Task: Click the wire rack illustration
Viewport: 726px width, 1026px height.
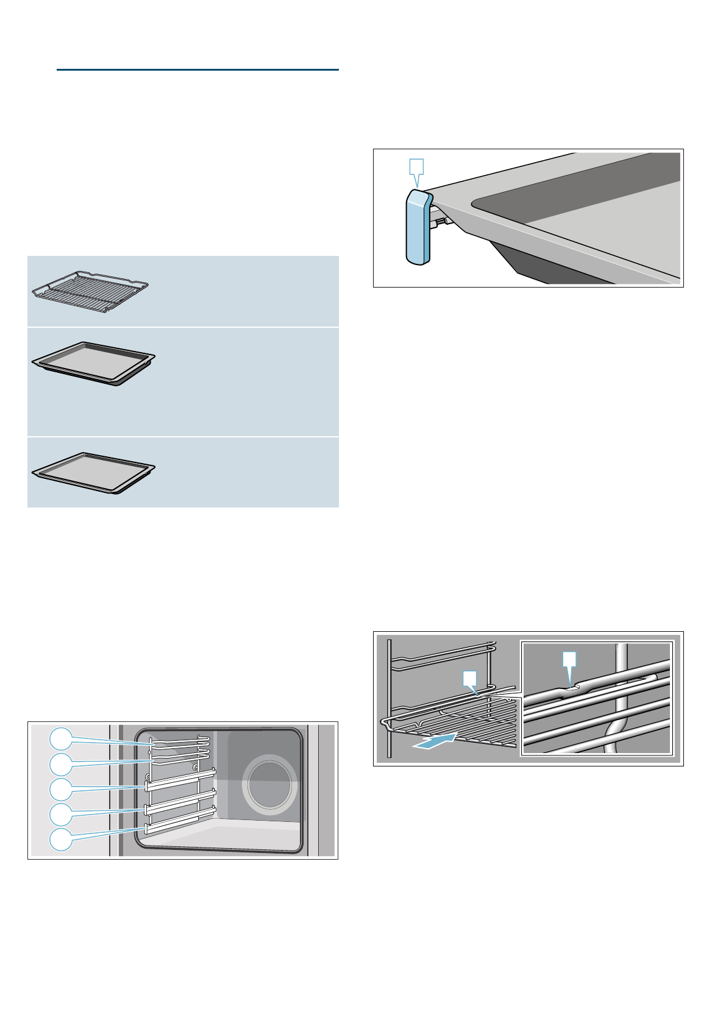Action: click(90, 292)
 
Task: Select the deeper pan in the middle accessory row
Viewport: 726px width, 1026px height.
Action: click(93, 363)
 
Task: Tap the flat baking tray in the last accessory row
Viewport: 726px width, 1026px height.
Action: click(93, 472)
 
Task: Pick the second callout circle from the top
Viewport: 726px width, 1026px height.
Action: click(60, 765)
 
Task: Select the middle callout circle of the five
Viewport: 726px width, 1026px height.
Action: click(60, 790)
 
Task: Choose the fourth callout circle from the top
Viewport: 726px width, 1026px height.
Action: click(60, 814)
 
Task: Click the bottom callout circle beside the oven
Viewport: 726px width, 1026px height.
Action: click(60, 840)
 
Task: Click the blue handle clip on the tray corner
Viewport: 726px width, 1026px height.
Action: click(418, 228)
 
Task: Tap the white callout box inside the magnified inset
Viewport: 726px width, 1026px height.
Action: click(569, 660)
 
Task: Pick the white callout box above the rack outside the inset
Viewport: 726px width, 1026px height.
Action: click(469, 678)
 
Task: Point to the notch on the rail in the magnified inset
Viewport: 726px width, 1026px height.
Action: click(571, 687)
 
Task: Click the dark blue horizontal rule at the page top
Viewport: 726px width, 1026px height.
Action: click(198, 70)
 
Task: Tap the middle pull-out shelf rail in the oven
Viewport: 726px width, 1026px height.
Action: click(180, 798)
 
